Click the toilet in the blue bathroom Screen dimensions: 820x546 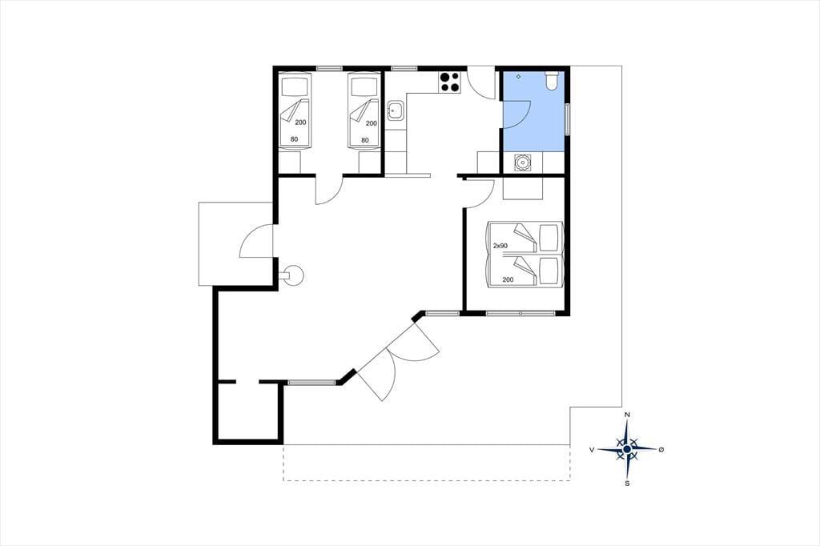click(552, 81)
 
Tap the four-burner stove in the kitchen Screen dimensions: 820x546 click(450, 82)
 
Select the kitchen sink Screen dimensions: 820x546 click(395, 110)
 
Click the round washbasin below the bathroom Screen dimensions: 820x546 click(522, 163)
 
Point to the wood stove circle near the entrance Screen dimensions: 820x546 click(292, 275)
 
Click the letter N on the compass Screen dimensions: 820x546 click(628, 415)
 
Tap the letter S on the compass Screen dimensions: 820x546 click(627, 484)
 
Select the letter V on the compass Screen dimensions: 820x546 click(592, 449)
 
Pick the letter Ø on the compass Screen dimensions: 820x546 click(661, 449)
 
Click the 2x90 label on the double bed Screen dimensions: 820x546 click(500, 245)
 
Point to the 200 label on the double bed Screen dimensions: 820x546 click(508, 279)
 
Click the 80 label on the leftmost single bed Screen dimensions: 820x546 click(294, 139)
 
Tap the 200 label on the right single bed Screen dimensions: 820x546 click(372, 123)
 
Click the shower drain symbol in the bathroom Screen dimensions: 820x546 click(518, 76)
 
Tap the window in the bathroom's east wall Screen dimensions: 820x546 click(568, 118)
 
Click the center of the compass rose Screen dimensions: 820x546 click(627, 448)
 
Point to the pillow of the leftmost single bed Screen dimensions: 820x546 click(294, 86)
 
